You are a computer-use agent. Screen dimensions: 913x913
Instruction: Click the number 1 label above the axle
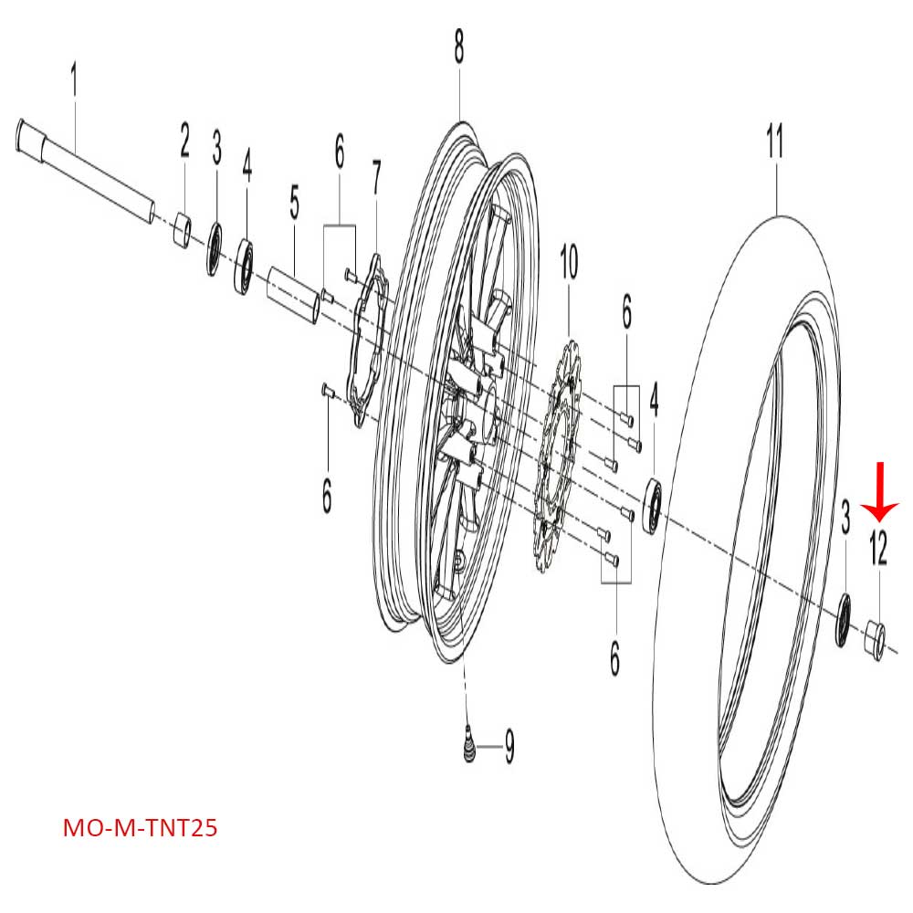74,81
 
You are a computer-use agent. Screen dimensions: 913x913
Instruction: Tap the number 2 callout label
184,142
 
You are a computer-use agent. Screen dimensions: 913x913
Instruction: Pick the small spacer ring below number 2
183,231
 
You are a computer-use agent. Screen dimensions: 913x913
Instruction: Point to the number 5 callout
294,204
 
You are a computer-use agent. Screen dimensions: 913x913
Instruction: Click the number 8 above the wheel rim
459,46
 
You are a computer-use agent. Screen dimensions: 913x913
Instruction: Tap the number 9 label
509,749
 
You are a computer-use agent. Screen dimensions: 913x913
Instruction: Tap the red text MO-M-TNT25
140,830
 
